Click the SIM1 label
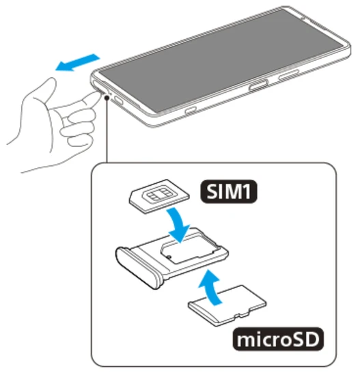coord(229,191)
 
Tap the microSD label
coord(278,339)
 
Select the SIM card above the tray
coord(159,197)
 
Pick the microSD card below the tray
coord(227,305)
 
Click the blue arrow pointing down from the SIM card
coord(178,225)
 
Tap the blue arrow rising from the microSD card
coord(210,287)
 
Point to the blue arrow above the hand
coord(78,63)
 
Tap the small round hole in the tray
coord(169,257)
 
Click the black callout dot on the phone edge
coord(107,98)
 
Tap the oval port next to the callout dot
coord(118,100)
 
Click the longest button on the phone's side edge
coord(288,75)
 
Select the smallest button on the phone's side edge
coord(191,110)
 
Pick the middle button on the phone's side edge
coord(258,85)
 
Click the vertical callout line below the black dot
coord(107,131)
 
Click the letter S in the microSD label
coord(296,339)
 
